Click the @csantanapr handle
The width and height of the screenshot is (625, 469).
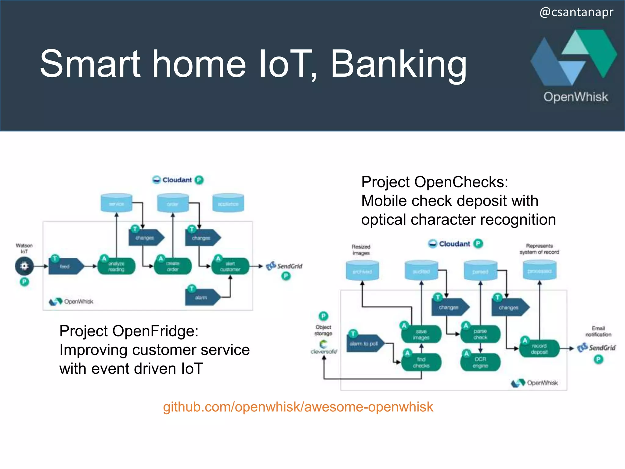pos(576,12)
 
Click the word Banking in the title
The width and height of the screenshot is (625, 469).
pos(399,65)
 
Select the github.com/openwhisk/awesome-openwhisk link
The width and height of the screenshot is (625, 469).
pos(298,407)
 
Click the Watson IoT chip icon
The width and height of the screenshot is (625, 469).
pos(24,266)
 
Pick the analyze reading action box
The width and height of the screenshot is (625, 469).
pos(116,266)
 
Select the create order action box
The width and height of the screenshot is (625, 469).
pos(173,266)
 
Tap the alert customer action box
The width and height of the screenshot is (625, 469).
pos(230,266)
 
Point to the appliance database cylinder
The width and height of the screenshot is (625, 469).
pos(228,203)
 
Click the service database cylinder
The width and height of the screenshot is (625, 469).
pos(116,203)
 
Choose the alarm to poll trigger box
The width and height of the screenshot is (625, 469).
pos(364,344)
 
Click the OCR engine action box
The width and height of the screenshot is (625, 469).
pos(480,362)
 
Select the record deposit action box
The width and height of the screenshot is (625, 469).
pos(539,349)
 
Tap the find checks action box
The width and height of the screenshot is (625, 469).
pos(421,362)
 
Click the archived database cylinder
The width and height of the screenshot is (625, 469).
pos(362,271)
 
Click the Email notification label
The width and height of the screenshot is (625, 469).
pos(598,331)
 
